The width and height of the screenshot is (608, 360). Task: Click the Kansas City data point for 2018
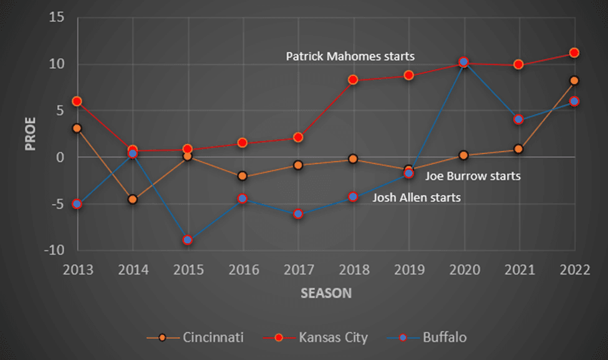pos(353,80)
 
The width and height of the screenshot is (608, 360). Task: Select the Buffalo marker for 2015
pos(188,240)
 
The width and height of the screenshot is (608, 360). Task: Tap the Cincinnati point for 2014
pos(132,200)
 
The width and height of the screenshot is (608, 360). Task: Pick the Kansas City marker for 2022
pos(574,53)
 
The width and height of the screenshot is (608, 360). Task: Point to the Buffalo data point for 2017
pos(298,213)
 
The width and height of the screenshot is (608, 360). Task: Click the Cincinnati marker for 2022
pos(574,80)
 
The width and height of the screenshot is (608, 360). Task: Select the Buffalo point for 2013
pos(77,204)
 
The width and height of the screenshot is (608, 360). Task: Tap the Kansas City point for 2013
pos(77,101)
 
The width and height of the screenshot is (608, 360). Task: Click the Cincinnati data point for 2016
pos(243,176)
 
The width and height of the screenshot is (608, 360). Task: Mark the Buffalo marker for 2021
pos(518,119)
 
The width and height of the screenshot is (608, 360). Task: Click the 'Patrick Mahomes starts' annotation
pos(350,56)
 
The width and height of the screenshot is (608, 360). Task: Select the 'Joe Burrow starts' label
pos(473,176)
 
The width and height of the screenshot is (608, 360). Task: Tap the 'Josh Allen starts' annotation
pos(417,198)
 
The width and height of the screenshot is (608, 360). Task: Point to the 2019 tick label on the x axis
pos(408,270)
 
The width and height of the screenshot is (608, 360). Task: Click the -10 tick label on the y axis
pos(55,250)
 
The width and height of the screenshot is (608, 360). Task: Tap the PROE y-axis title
pos(30,134)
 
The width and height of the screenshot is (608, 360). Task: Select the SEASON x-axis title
pos(326,293)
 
